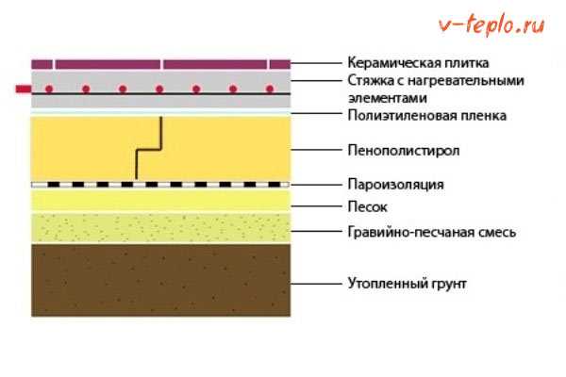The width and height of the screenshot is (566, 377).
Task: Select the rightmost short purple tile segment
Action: [x=279, y=64]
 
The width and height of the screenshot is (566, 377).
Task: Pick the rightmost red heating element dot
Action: [x=270, y=90]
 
